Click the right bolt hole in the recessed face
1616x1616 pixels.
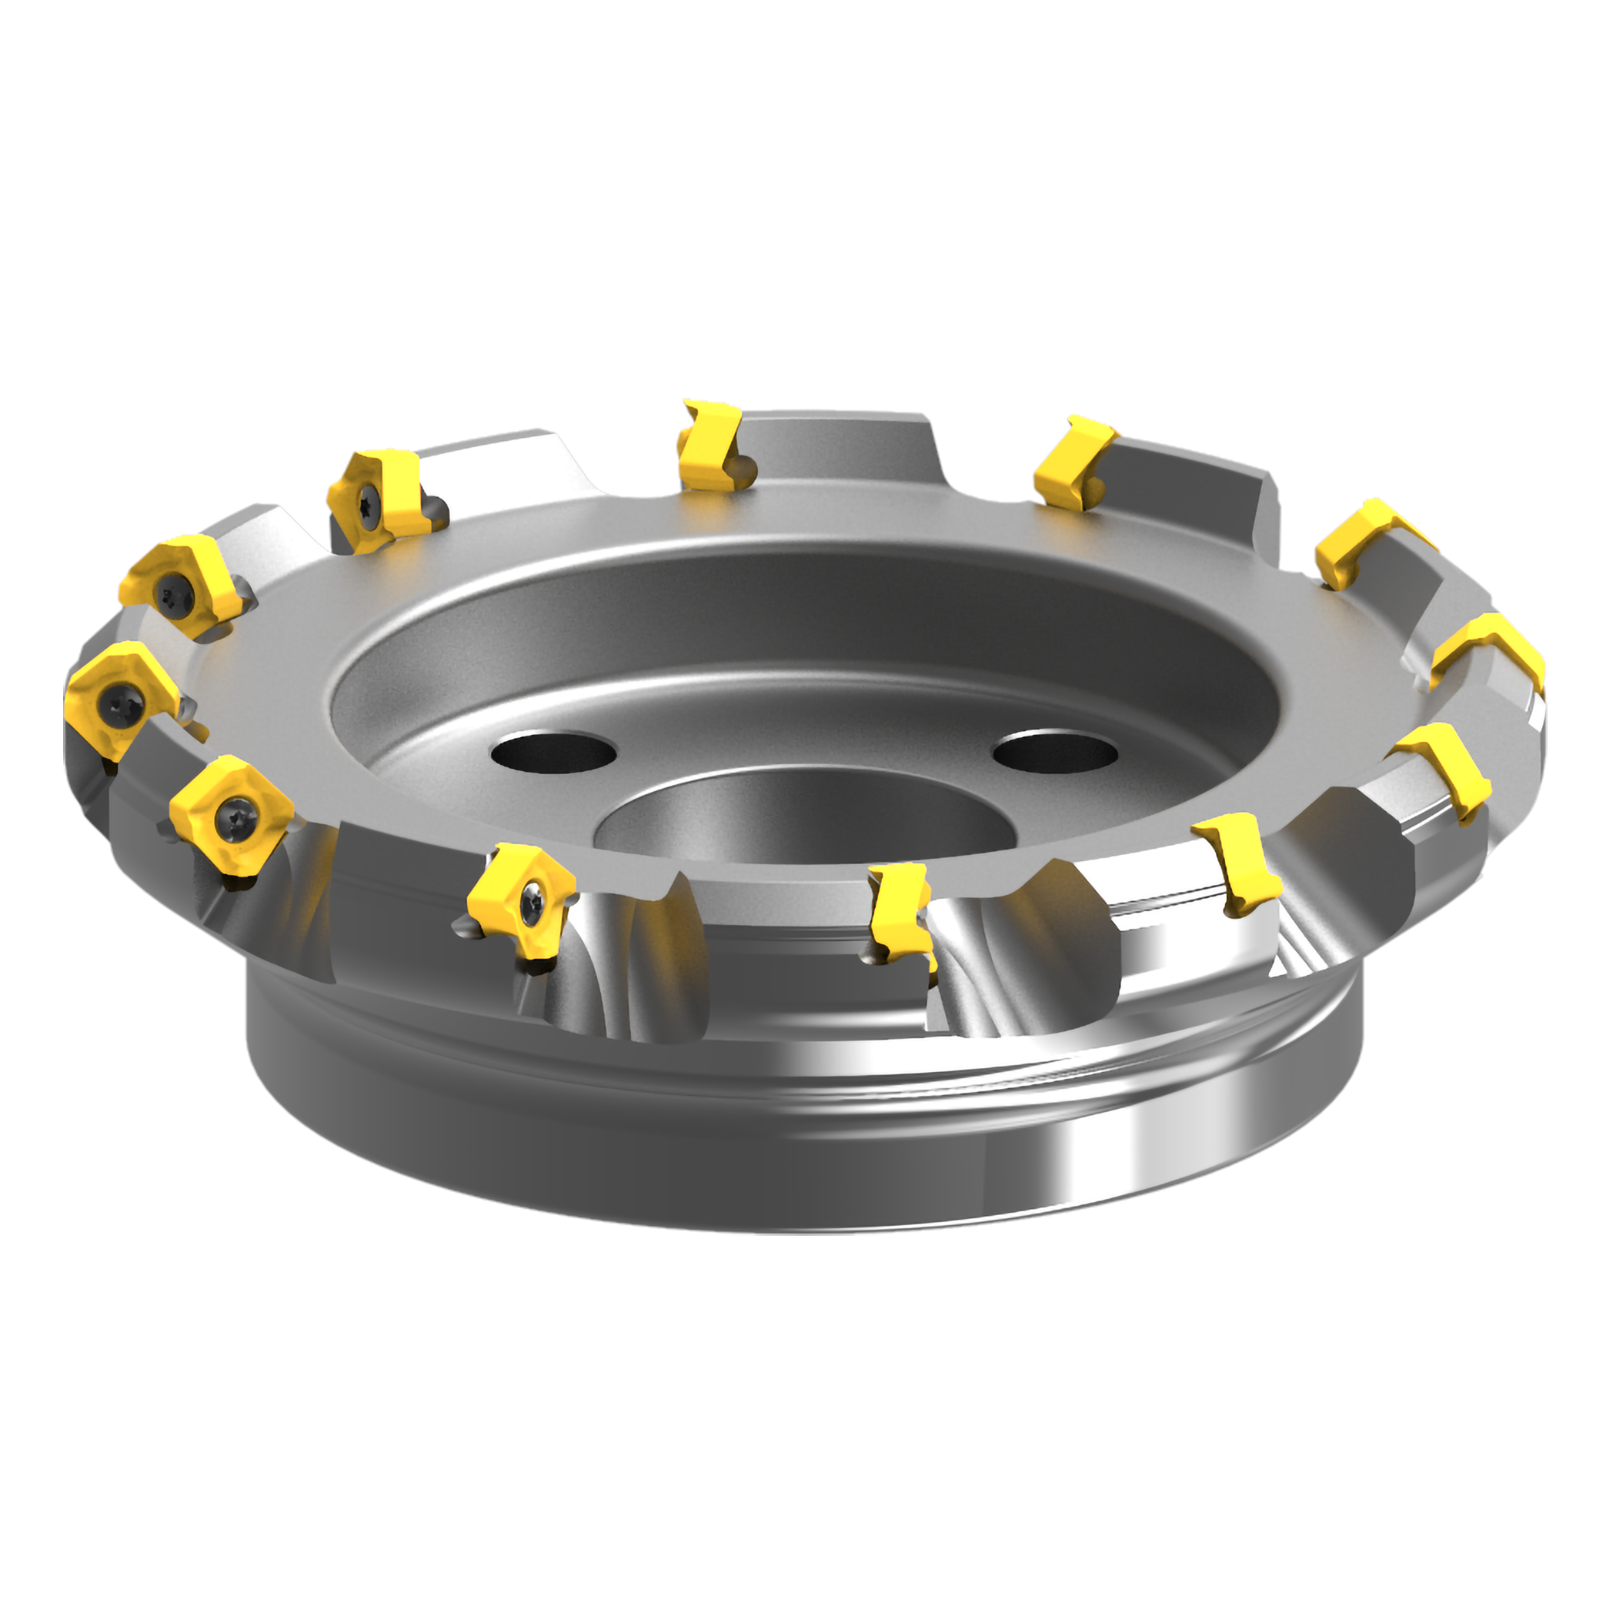1055,751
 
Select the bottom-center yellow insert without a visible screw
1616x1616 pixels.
898,913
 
